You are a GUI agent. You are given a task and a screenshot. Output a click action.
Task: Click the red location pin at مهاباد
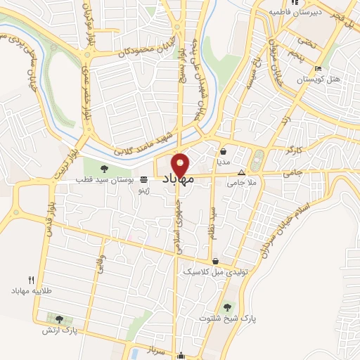(181, 164)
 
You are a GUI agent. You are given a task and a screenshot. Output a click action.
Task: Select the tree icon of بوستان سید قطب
(104, 169)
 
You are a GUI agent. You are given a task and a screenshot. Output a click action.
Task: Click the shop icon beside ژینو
(144, 180)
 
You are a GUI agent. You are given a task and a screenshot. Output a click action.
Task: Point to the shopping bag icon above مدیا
(224, 151)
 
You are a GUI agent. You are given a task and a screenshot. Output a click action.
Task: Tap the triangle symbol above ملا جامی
(242, 172)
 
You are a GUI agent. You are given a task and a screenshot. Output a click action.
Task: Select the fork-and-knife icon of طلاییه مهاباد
(30, 279)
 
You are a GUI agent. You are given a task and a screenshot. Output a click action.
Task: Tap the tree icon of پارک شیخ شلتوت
(227, 307)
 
